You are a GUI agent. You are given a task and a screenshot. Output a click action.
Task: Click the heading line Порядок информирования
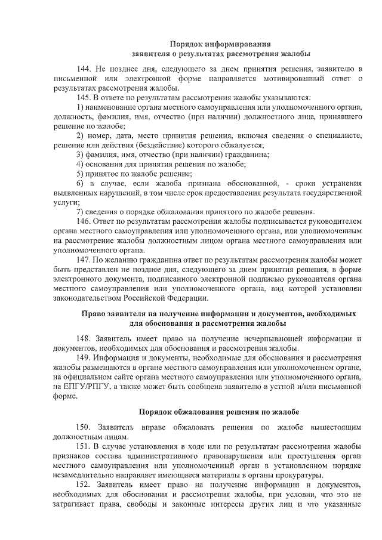pyautogui.click(x=220, y=44)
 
